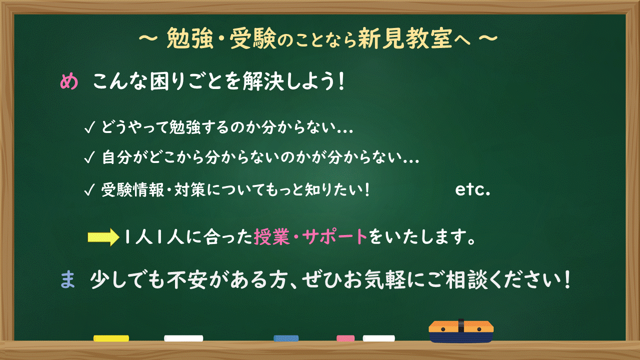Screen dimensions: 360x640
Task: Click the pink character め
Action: pos(69,82)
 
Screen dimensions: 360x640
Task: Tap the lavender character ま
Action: pos(67,280)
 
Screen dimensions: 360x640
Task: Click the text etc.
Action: pos(472,190)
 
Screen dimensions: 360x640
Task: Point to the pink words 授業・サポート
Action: pos(310,237)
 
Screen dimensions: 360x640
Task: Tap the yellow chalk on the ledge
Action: pos(111,338)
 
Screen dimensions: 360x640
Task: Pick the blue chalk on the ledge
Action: pos(286,338)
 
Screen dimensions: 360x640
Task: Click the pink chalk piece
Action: pos(345,338)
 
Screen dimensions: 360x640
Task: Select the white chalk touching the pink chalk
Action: pos(378,338)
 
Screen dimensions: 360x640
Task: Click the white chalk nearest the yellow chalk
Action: pos(183,338)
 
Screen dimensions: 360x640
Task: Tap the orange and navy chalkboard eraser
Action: pos(461,331)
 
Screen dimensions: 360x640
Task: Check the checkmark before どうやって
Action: pos(90,128)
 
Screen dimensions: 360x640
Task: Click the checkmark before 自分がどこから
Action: pos(90,158)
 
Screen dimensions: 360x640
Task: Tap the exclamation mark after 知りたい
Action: pos(367,190)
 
